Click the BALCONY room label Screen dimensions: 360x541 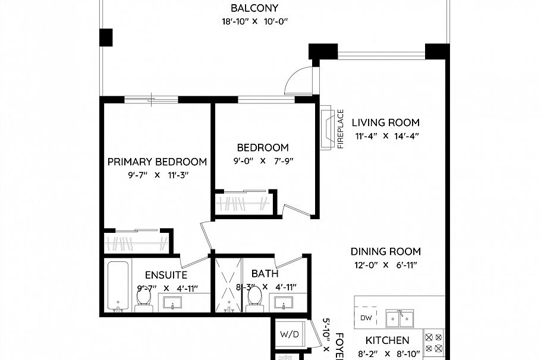(x=254, y=8)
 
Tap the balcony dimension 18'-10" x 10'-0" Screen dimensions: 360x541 (x=254, y=22)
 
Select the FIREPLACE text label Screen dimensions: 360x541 (x=341, y=128)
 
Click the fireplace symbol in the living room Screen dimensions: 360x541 (x=326, y=128)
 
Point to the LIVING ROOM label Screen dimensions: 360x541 (x=385, y=123)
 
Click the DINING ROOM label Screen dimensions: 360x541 (x=385, y=251)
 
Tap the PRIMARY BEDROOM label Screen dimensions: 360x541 (x=157, y=162)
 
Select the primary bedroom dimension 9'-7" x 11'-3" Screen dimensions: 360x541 (x=157, y=175)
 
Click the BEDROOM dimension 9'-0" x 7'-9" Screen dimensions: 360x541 (x=262, y=160)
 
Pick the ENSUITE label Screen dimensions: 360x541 (x=166, y=275)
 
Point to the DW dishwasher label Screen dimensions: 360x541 (x=366, y=318)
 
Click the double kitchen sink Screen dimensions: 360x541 (x=400, y=319)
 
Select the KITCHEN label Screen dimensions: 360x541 (x=387, y=340)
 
